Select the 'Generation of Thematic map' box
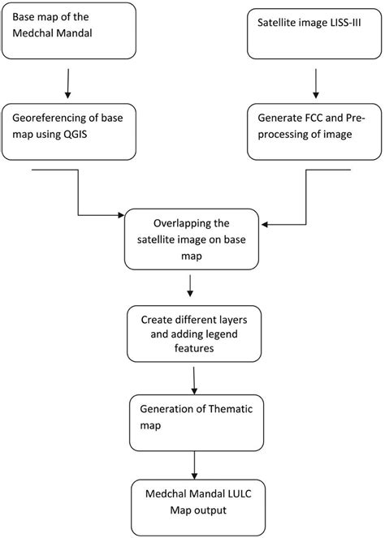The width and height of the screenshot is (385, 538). tap(193, 418)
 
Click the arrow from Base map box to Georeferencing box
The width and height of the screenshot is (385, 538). tap(68, 85)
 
